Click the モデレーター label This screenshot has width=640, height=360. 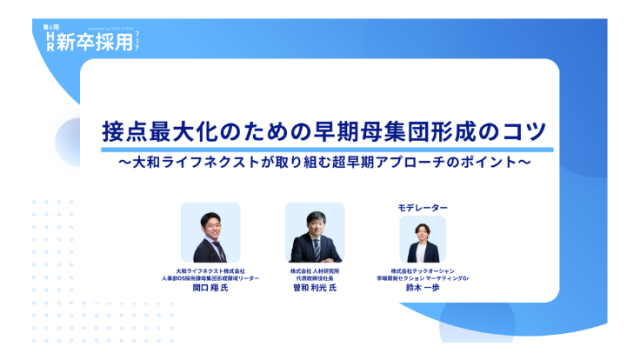coord(423,209)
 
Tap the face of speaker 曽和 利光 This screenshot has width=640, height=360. coord(315,224)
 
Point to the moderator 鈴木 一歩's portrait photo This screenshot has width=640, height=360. coord(423,238)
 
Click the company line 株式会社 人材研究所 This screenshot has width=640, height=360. coord(315,269)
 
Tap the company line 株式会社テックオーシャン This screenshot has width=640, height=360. coord(423,269)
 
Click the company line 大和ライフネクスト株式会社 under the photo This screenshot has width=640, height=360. coord(210,269)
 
